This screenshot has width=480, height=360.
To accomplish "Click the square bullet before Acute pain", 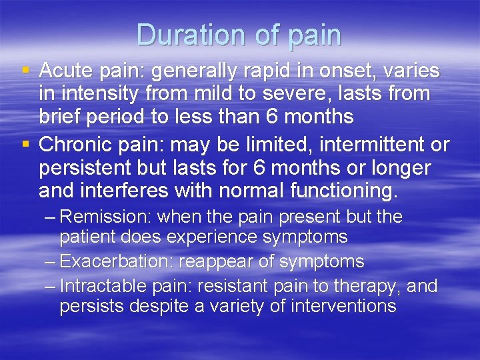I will coord(25,69).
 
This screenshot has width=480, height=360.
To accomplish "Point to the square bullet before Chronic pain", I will coord(25,144).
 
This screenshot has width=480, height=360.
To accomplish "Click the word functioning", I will coord(343,192).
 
